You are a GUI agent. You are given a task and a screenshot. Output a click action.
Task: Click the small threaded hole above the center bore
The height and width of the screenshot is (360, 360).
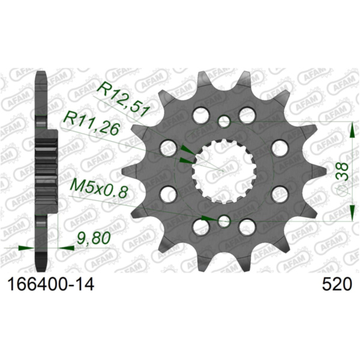pos(224,122)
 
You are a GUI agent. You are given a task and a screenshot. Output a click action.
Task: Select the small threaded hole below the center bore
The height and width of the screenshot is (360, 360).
pos(224,221)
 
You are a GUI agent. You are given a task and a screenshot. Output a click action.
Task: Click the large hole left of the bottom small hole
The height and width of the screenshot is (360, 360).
pos(199,227)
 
